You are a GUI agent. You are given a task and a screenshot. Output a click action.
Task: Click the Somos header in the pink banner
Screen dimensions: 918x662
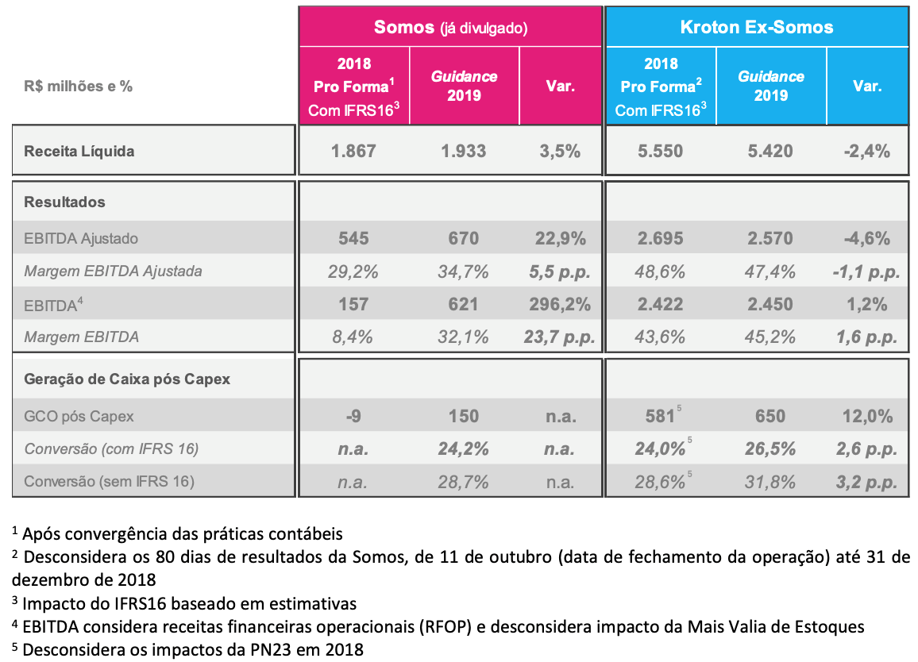[x=404, y=27]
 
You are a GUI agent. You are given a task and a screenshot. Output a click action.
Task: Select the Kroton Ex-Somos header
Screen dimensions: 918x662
[x=757, y=27]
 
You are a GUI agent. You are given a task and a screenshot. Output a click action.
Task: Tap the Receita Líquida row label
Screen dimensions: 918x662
[x=79, y=151]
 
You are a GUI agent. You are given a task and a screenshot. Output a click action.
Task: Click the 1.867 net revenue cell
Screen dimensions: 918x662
[x=353, y=151]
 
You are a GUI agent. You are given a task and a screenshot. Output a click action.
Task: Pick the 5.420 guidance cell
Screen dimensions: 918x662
[x=769, y=151]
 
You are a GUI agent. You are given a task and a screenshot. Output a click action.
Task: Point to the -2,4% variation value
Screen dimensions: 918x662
[x=867, y=151]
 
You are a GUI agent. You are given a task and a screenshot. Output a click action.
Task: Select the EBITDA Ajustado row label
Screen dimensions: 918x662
[x=81, y=238]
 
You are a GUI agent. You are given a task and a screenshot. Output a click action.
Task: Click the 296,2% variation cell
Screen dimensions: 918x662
[x=560, y=304]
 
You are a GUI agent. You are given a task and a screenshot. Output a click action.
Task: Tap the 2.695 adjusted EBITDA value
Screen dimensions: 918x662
[x=661, y=238]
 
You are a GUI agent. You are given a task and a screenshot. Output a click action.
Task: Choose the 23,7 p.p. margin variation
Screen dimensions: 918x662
[x=559, y=337]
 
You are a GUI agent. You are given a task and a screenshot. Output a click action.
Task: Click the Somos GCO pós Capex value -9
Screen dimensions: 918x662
[x=353, y=416]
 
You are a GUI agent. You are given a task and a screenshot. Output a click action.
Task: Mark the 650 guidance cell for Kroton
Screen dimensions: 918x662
[x=769, y=416]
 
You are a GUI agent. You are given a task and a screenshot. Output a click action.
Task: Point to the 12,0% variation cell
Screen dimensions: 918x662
[x=868, y=416]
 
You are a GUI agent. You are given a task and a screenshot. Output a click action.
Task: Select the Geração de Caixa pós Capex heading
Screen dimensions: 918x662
[x=127, y=379]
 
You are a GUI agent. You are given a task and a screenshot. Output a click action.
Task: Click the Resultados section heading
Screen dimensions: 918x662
[x=64, y=202]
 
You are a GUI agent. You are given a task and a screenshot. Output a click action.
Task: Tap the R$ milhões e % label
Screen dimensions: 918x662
[x=78, y=86]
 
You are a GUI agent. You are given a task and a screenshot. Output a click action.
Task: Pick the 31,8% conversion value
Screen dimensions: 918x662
[x=769, y=482]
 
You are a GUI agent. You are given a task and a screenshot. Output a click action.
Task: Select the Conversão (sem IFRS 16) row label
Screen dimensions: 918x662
[x=109, y=482]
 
